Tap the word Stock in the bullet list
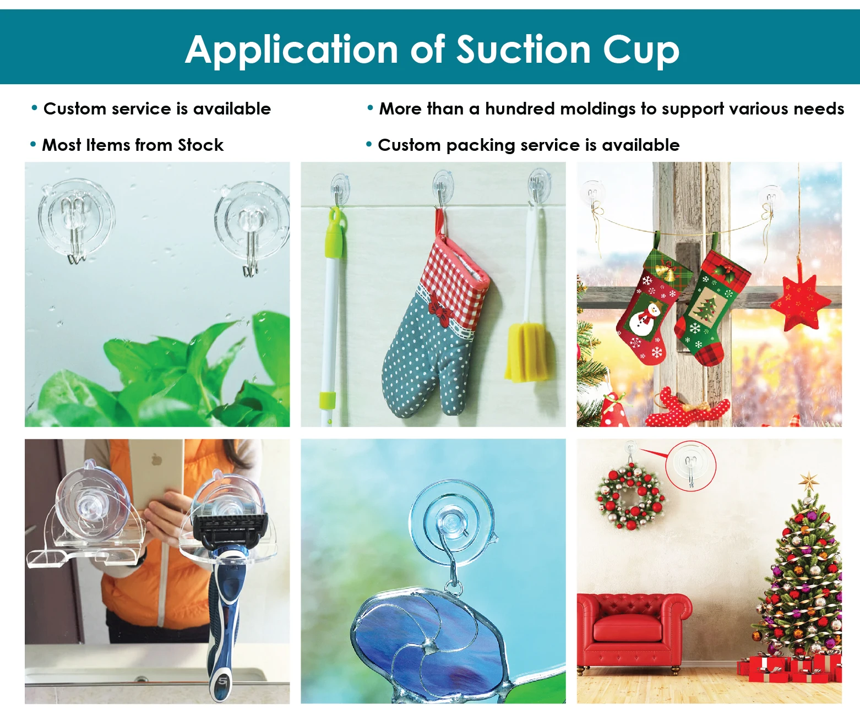click(x=200, y=145)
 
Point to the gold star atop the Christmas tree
click(x=809, y=482)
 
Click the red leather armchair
click(x=633, y=627)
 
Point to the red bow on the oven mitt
click(x=439, y=304)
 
